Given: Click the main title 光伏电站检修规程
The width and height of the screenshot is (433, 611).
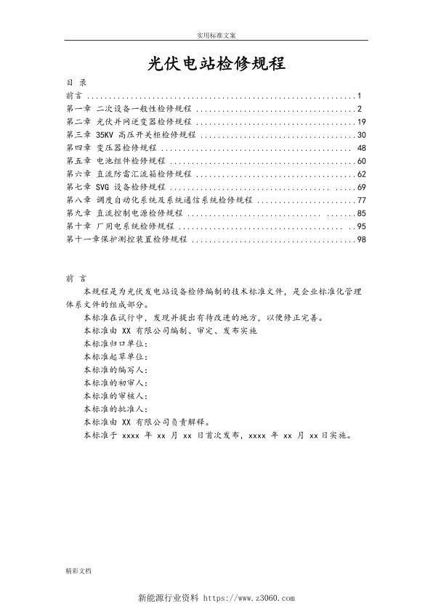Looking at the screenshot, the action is pos(216,64).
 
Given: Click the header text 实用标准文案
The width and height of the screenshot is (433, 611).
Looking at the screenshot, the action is pos(216,35).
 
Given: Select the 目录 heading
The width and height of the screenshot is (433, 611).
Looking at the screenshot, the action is pos(76,83).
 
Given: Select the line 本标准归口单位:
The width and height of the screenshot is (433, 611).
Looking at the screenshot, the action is pos(116,343).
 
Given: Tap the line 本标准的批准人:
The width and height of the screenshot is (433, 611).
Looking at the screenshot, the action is pos(116,409).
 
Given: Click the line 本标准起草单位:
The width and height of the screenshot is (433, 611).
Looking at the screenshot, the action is pos(116,356).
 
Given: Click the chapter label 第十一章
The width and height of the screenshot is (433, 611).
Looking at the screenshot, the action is pos(80,239).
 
